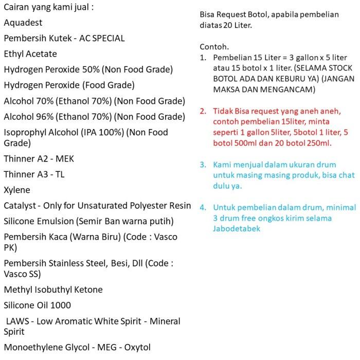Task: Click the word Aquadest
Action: coord(23,23)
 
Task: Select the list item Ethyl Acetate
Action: coord(30,53)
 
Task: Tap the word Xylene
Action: coord(17,190)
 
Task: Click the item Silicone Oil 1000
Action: coord(37,305)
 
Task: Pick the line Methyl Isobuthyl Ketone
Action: coord(53,290)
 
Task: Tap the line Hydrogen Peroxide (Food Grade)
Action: coord(69,84)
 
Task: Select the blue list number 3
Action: coord(203,165)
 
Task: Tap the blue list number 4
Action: coord(203,208)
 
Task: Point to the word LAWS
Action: coord(17,321)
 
